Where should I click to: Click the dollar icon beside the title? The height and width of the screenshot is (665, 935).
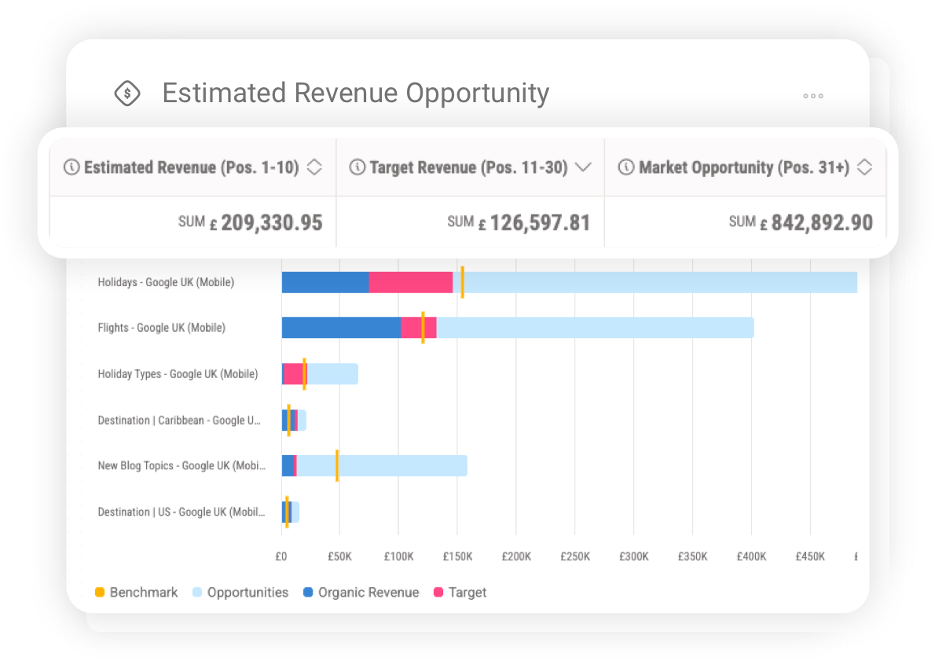(x=127, y=94)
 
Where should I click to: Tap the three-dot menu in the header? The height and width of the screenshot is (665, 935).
(x=813, y=96)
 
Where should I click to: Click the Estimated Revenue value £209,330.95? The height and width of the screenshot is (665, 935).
(x=271, y=222)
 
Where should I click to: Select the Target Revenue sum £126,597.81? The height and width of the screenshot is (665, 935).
(x=540, y=222)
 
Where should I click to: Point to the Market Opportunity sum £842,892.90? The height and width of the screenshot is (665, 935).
(x=822, y=222)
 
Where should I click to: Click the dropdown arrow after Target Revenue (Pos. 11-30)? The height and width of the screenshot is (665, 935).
(x=582, y=167)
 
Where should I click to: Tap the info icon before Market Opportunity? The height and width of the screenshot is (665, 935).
(x=626, y=167)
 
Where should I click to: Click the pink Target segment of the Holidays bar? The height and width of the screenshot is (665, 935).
(x=410, y=282)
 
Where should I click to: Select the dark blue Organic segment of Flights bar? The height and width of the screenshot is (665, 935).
(x=340, y=328)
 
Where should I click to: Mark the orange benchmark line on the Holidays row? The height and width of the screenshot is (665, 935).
(x=462, y=282)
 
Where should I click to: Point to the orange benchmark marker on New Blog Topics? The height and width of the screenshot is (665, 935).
(x=337, y=465)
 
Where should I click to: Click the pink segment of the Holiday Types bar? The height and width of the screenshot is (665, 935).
(x=292, y=374)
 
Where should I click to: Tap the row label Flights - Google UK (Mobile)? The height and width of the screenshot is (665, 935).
(x=161, y=328)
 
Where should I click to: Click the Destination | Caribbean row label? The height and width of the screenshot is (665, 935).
(x=178, y=421)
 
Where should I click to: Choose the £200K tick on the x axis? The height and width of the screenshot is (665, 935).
(x=516, y=557)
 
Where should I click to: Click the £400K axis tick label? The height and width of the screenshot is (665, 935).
(x=751, y=557)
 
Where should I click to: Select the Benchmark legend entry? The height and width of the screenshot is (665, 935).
(x=137, y=593)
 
